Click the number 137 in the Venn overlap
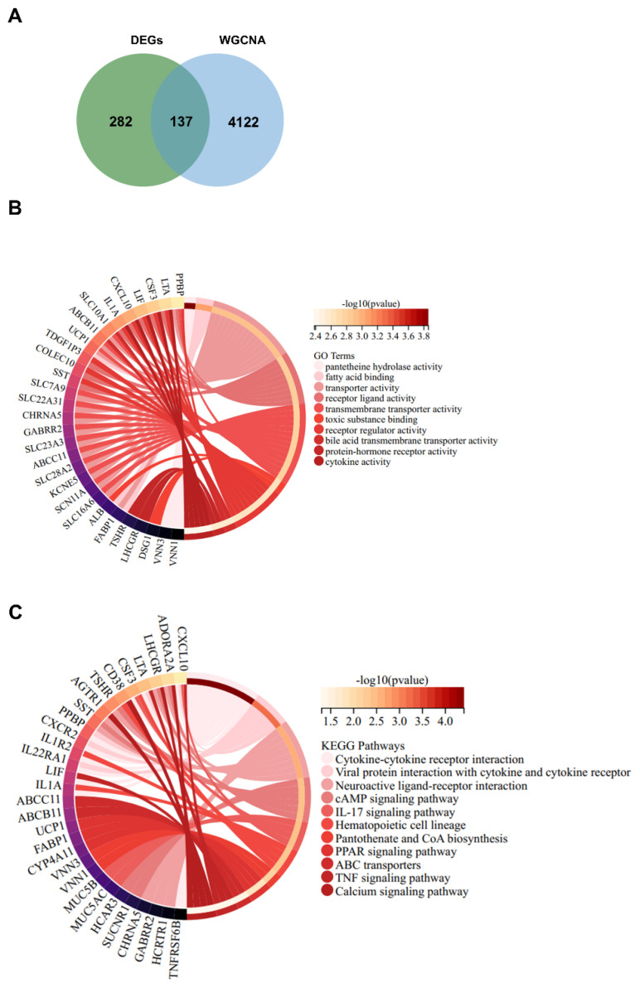click(x=180, y=121)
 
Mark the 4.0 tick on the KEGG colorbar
click(x=444, y=722)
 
